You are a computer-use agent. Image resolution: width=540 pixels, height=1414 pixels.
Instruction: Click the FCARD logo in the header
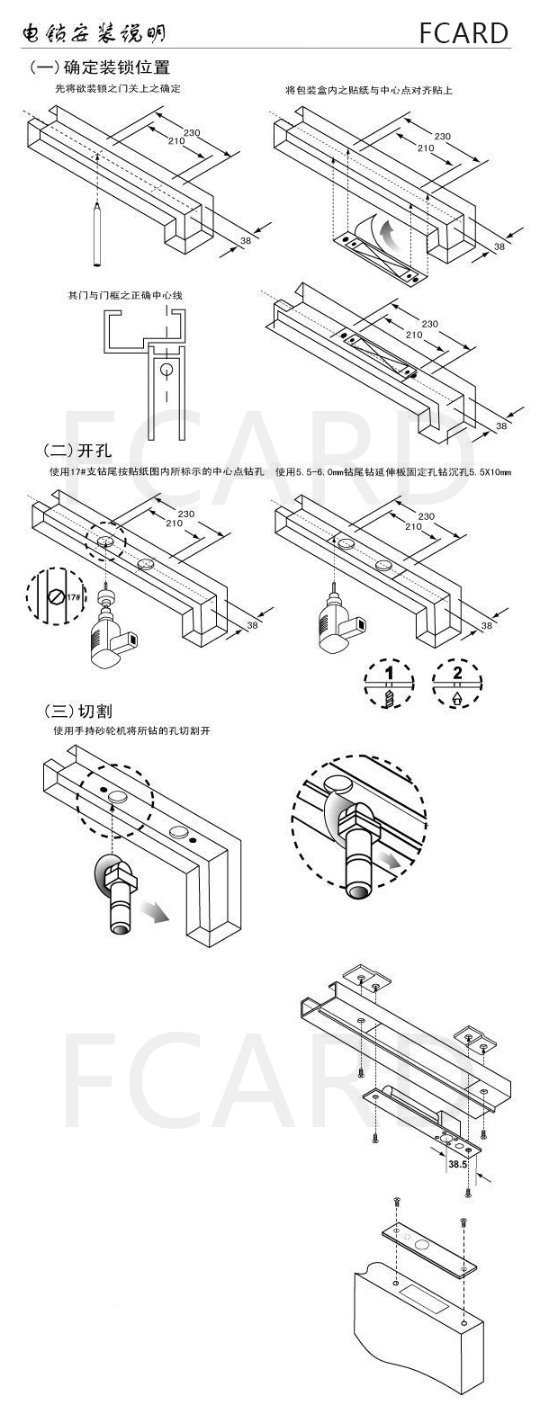click(x=463, y=33)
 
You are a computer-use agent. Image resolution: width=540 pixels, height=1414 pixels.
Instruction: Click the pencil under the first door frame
click(x=95, y=235)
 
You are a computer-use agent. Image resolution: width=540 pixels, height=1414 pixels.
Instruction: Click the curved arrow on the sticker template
click(x=386, y=236)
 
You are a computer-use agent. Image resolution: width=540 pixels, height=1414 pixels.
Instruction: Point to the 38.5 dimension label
click(x=457, y=1163)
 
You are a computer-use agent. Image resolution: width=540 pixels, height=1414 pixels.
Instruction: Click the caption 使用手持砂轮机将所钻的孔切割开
click(x=136, y=731)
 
